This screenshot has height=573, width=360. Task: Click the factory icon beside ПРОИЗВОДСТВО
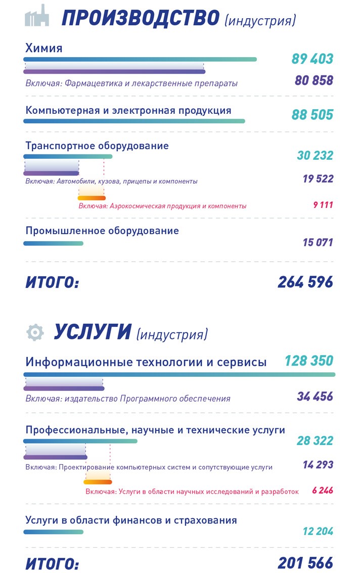point(37,17)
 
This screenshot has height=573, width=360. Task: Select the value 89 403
point(312,59)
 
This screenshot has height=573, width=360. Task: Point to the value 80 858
point(314,80)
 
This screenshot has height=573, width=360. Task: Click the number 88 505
point(312,114)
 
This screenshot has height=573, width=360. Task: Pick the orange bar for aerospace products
point(92,198)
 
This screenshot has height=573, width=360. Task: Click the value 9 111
point(323,205)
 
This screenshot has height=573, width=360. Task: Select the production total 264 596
point(305,282)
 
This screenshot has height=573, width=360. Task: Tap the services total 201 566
point(305,562)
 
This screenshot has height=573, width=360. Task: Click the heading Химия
point(44,48)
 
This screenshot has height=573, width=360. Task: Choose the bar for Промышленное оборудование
point(53,243)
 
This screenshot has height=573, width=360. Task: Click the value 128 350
point(308,361)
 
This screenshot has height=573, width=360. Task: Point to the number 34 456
point(315,396)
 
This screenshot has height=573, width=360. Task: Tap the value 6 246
point(323,490)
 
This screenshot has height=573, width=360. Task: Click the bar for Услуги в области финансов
point(53,532)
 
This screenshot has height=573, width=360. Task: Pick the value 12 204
point(318,531)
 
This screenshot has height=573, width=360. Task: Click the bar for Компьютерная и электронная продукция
point(134,121)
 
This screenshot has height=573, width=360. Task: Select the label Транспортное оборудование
point(97,146)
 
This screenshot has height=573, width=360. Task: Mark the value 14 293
point(318,464)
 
